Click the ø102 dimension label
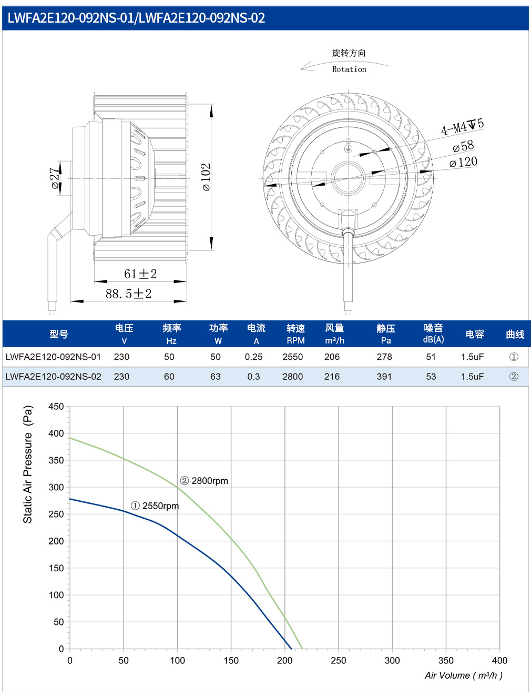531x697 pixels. click(206, 177)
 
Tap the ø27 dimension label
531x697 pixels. click(55, 178)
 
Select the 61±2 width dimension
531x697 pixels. click(140, 274)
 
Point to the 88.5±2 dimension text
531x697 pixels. click(129, 294)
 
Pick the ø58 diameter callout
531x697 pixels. click(463, 146)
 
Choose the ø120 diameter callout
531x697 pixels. click(463, 162)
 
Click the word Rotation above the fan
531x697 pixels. click(349, 69)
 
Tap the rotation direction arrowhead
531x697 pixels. click(305, 67)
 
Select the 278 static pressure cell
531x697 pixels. click(384, 357)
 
